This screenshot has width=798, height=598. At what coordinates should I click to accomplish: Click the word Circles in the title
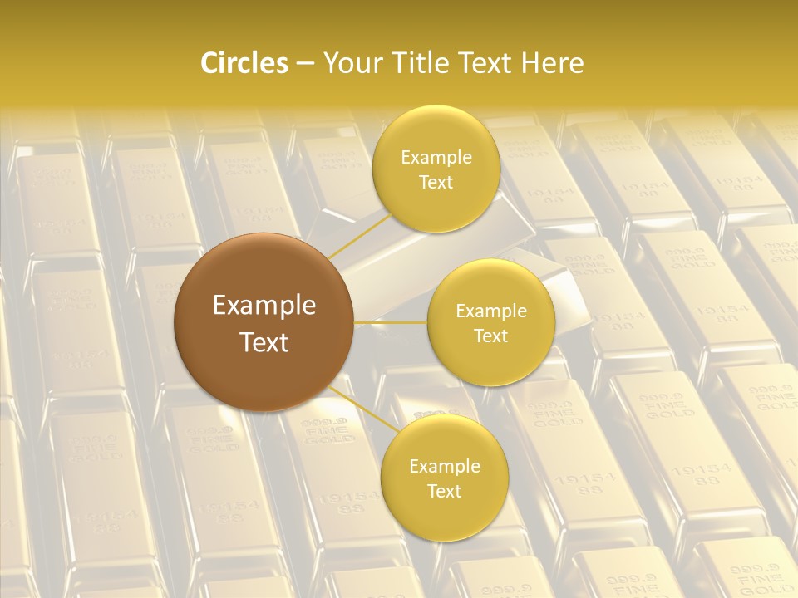(x=244, y=63)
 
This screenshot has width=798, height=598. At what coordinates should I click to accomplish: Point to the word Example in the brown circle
(x=264, y=306)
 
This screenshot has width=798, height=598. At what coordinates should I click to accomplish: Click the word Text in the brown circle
(x=264, y=342)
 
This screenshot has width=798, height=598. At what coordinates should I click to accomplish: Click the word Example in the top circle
(x=436, y=158)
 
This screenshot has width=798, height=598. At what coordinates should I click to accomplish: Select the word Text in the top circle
(x=436, y=183)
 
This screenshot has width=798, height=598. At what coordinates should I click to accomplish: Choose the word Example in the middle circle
(x=490, y=311)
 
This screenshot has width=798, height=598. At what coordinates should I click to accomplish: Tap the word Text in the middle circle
(x=490, y=336)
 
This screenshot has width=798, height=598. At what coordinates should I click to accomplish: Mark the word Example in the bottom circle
(x=444, y=467)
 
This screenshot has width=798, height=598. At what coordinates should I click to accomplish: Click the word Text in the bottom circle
(x=444, y=492)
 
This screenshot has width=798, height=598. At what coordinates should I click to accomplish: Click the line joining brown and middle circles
(x=391, y=322)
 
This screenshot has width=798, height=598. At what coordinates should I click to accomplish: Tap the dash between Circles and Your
(x=304, y=64)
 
